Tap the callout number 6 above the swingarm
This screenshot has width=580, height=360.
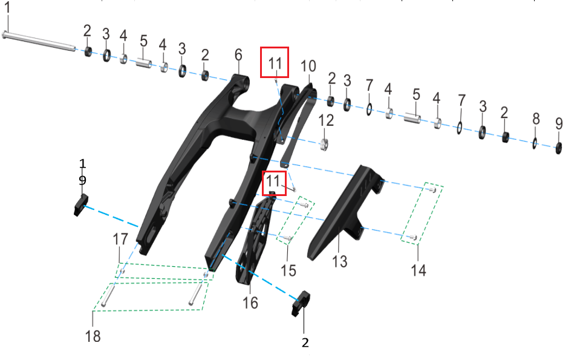(x=238, y=55)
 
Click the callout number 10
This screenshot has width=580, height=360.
(x=308, y=65)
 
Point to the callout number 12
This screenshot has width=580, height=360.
(x=326, y=120)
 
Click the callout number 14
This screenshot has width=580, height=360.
(x=418, y=270)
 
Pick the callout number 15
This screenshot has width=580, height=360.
(x=289, y=270)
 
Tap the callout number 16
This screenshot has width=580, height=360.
(x=250, y=303)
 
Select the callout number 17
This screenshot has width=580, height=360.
(x=120, y=240)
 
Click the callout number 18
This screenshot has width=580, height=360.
(x=93, y=336)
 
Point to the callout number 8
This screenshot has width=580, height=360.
(x=536, y=119)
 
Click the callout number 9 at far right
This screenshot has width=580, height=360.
(x=559, y=123)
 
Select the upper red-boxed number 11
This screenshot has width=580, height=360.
(x=275, y=62)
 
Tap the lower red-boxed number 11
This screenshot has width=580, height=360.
(x=275, y=180)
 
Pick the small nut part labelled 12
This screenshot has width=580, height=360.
(x=325, y=144)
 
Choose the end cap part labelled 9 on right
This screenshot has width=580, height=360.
(x=559, y=146)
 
